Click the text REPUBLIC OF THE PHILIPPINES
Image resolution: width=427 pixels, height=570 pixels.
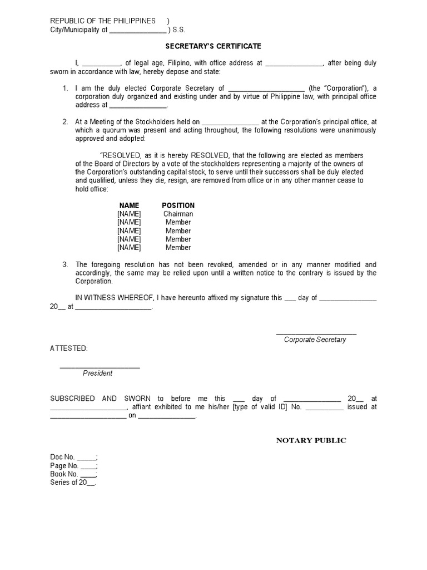click(x=103, y=21)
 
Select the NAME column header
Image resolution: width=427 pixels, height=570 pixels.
click(x=129, y=205)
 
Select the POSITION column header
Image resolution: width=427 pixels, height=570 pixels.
click(x=178, y=205)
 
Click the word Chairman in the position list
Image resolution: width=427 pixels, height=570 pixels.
click(x=178, y=214)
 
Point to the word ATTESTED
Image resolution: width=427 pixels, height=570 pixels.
click(x=68, y=348)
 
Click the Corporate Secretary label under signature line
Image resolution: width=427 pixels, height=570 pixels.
click(x=315, y=340)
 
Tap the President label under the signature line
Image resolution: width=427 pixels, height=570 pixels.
click(x=97, y=373)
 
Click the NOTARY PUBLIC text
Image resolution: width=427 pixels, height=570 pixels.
click(x=311, y=440)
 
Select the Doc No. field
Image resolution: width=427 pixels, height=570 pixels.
click(x=74, y=457)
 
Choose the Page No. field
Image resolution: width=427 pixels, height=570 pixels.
click(x=74, y=465)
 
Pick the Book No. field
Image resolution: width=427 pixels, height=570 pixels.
click(x=74, y=474)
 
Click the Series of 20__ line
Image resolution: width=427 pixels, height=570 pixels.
click(x=73, y=482)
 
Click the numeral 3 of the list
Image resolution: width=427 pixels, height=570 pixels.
click(x=65, y=264)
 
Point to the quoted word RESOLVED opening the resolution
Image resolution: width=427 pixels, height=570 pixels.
click(x=120, y=155)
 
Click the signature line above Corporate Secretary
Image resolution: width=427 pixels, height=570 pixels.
click(x=316, y=333)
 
